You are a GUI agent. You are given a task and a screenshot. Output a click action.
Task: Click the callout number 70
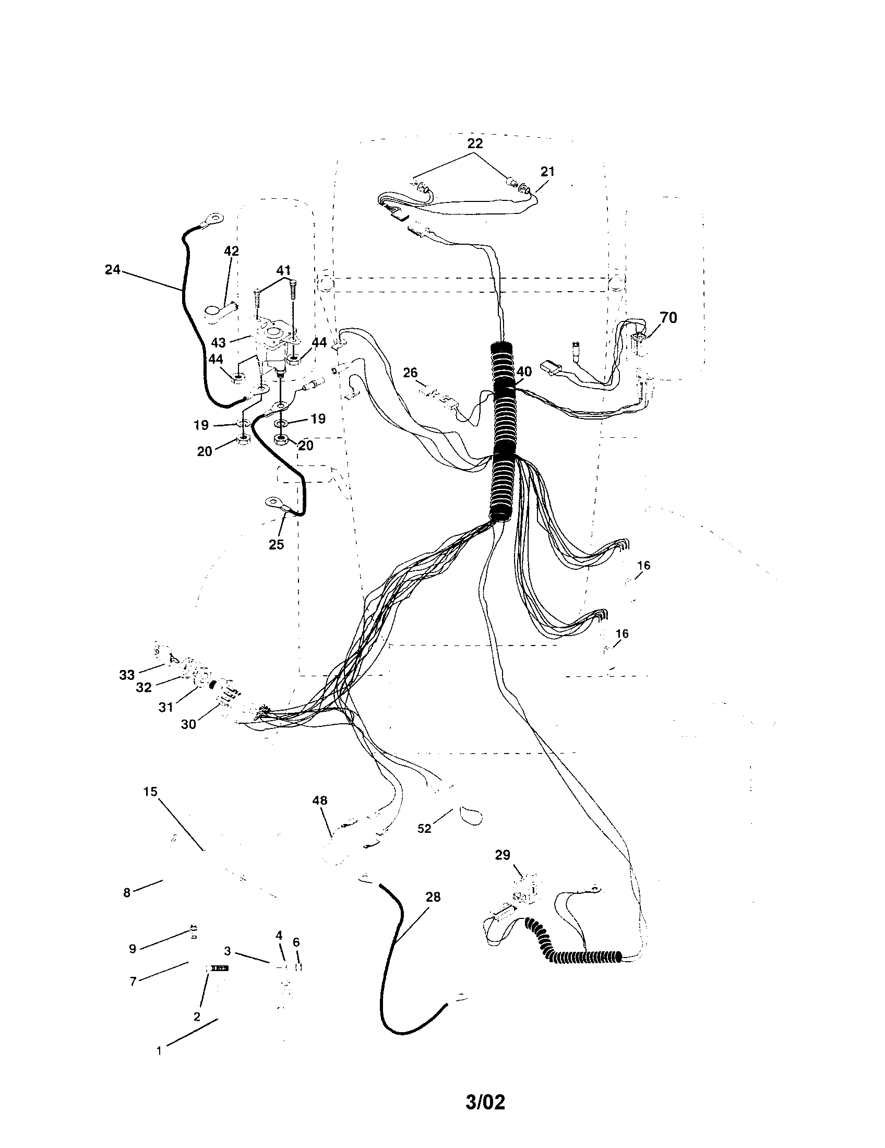pyautogui.click(x=668, y=317)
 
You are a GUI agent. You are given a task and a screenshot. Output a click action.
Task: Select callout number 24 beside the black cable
pyautogui.click(x=113, y=270)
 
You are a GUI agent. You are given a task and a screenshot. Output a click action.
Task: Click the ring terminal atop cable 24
pyautogui.click(x=213, y=216)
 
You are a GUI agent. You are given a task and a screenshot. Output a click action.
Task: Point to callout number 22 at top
pyautogui.click(x=474, y=143)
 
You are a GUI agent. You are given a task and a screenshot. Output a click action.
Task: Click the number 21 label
pyautogui.click(x=547, y=171)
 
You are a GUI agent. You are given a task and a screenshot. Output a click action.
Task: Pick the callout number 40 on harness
pyautogui.click(x=523, y=372)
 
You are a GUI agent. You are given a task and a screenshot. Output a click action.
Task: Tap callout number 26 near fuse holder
pyautogui.click(x=410, y=373)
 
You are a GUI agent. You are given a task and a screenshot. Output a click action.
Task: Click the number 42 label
pyautogui.click(x=231, y=252)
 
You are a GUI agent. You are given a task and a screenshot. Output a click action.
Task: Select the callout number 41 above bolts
pyautogui.click(x=283, y=271)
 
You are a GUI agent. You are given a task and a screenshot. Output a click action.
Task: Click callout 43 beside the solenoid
pyautogui.click(x=218, y=343)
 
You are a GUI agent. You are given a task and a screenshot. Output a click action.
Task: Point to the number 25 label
pyautogui.click(x=276, y=545)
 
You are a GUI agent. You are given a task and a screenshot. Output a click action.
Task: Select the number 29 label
pyautogui.click(x=502, y=855)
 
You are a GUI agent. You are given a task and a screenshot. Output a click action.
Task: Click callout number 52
pyautogui.click(x=424, y=829)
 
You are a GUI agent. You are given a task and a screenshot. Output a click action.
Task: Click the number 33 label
pyautogui.click(x=127, y=675)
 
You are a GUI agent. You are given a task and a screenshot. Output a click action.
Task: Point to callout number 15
pyautogui.click(x=150, y=791)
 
